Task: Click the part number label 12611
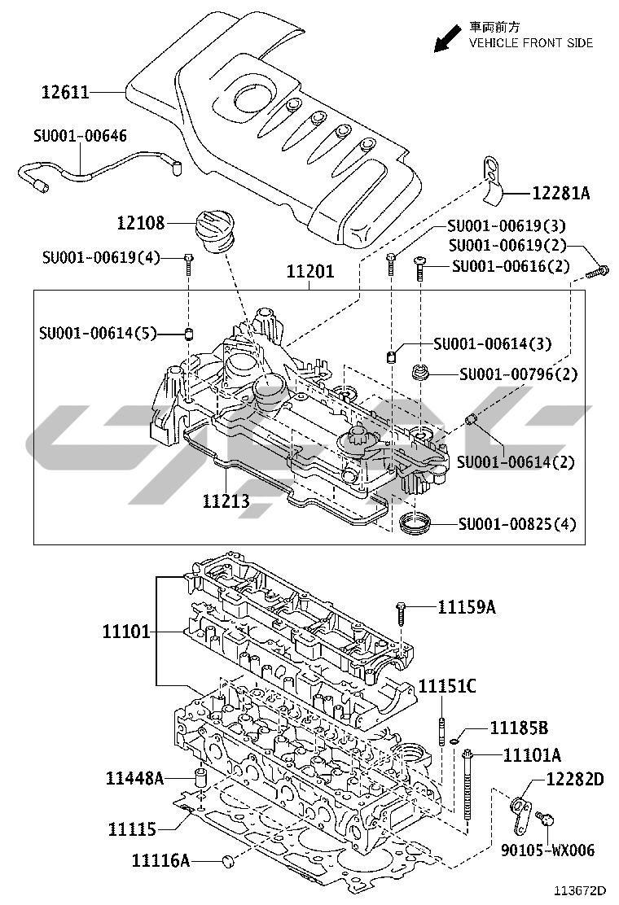point(65,93)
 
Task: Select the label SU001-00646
point(80,135)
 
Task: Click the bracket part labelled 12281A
point(491,178)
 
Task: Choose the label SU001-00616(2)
point(511,266)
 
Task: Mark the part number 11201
point(309,273)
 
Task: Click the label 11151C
point(447,686)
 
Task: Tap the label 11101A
point(532,755)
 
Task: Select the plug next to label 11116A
point(228,860)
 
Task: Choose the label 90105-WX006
point(547,850)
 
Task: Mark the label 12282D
point(575,780)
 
